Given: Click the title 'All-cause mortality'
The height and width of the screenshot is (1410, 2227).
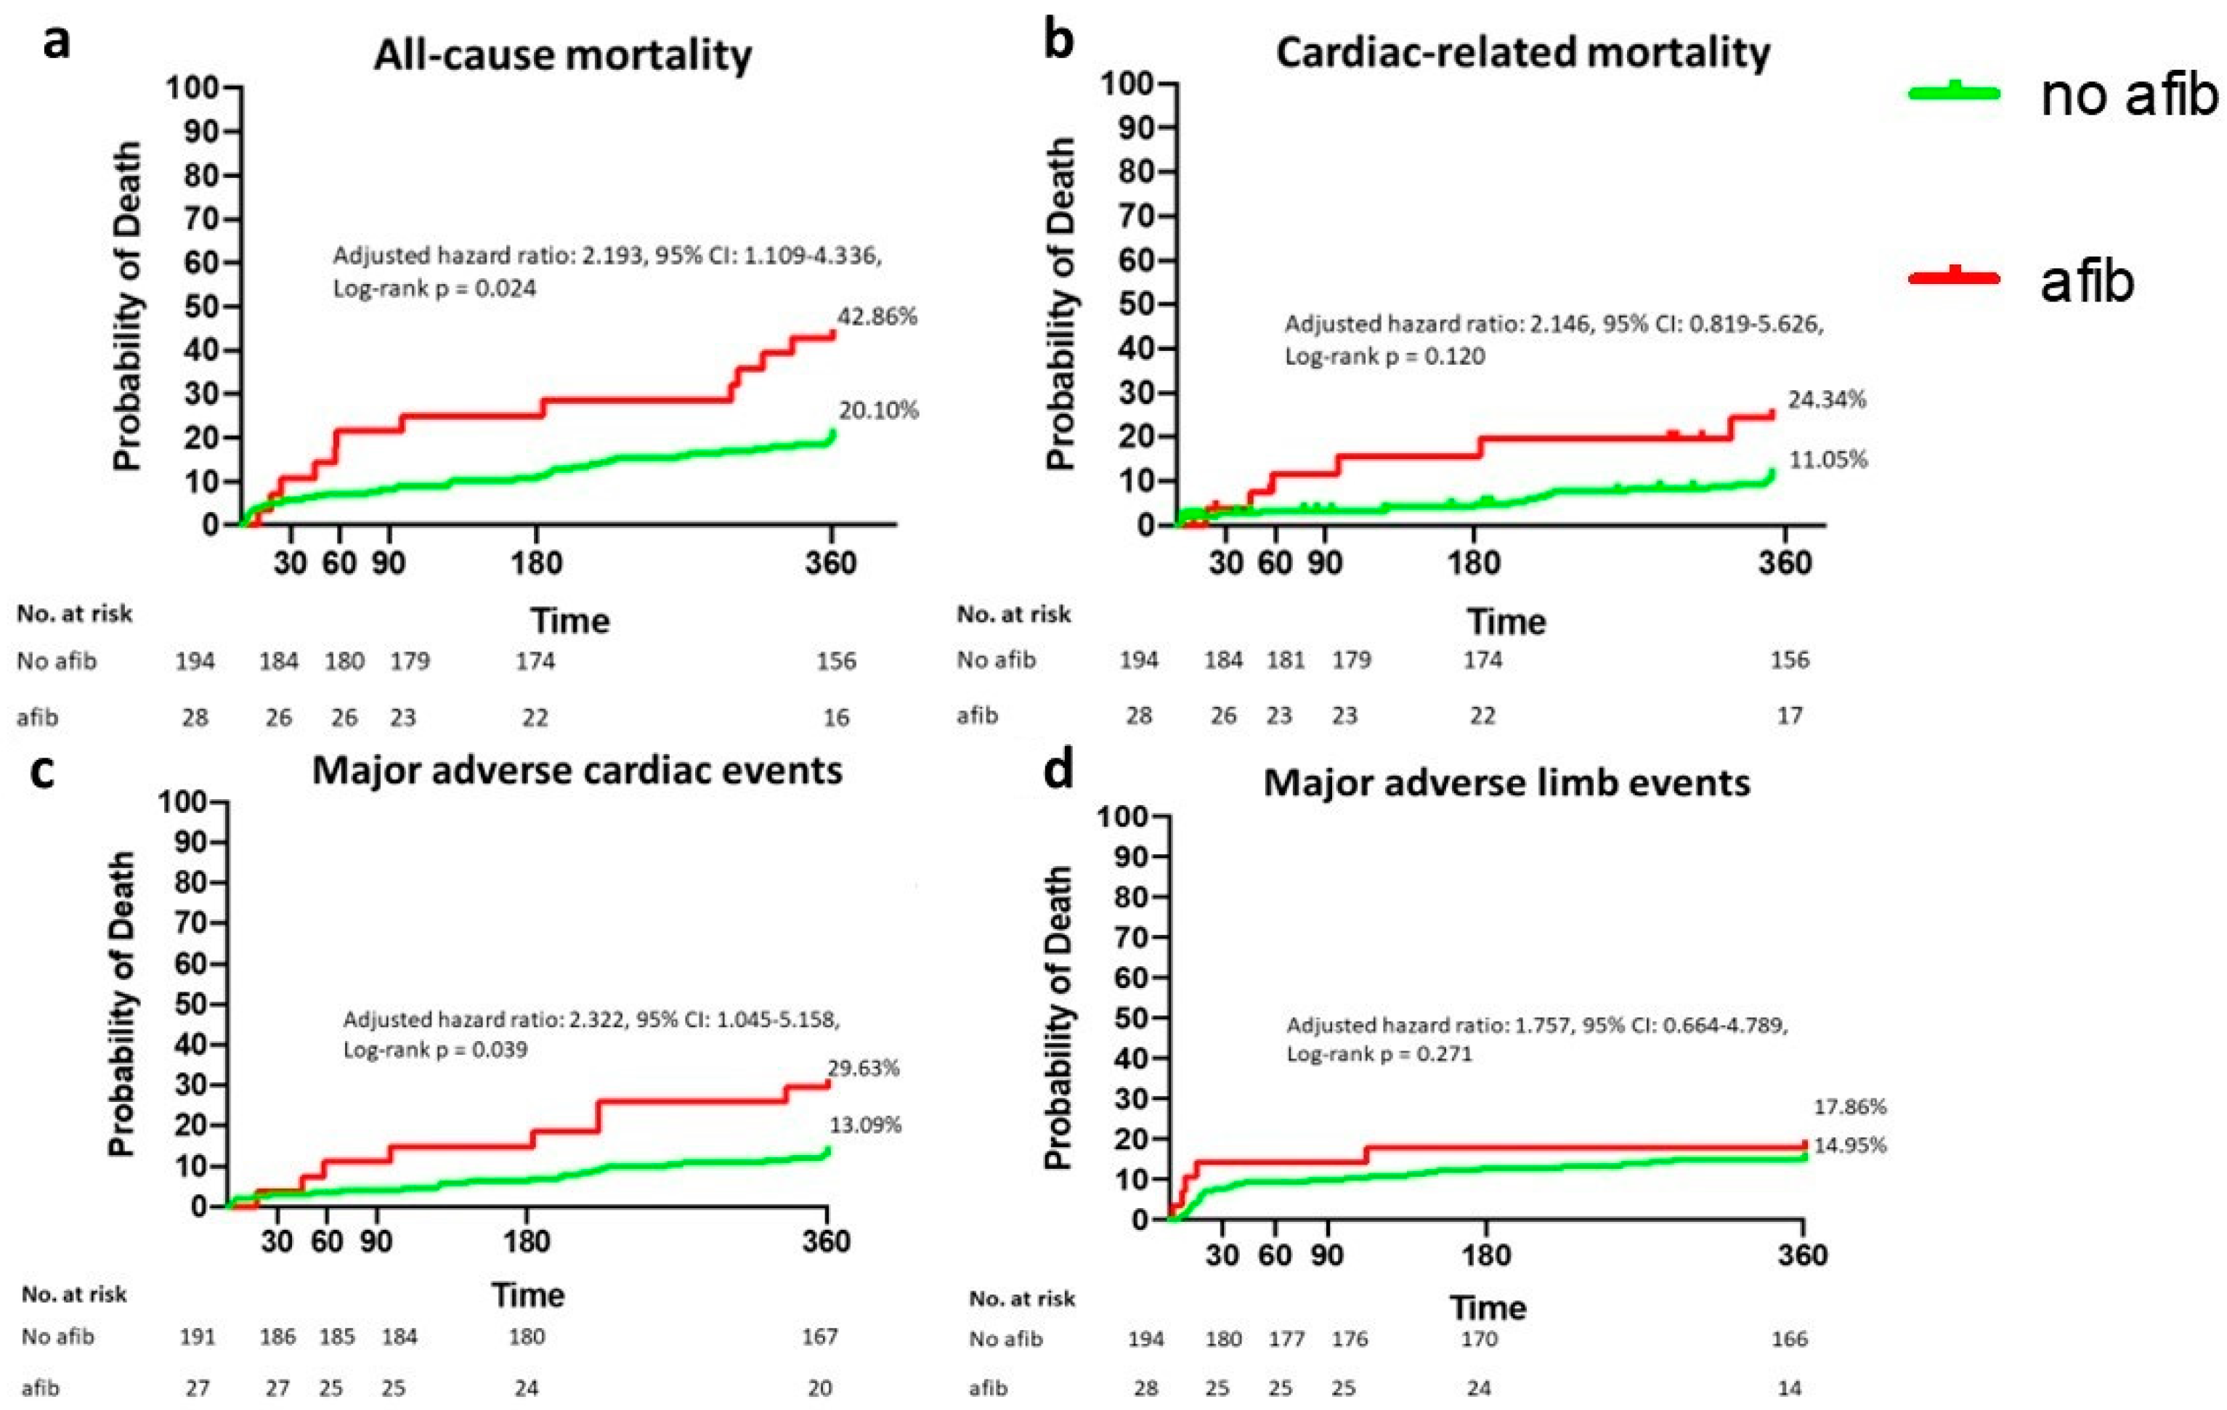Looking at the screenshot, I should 562,55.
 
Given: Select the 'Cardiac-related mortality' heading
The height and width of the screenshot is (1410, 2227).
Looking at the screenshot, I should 1522,53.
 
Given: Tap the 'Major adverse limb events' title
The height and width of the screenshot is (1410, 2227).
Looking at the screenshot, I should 1506,782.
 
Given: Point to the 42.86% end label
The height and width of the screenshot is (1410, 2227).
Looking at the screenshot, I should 877,317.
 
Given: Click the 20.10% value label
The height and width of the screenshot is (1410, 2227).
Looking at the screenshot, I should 879,410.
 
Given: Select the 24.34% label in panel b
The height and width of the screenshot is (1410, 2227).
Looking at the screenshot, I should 1827,400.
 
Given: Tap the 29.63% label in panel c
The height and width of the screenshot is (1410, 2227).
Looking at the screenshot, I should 863,1068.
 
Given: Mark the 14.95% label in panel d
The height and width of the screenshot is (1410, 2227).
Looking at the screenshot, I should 1850,1146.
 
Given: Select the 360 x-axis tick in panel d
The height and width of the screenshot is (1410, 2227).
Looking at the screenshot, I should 1803,1255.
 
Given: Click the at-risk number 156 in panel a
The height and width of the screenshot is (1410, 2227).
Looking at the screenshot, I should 836,660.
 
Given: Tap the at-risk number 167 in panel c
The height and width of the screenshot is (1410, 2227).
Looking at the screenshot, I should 819,1336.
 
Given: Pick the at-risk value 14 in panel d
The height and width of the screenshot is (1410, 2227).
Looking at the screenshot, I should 1790,1387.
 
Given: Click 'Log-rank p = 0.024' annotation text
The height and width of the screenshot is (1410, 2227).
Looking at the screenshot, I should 434,288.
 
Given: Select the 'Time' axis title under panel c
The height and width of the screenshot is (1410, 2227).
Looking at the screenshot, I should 527,1294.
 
